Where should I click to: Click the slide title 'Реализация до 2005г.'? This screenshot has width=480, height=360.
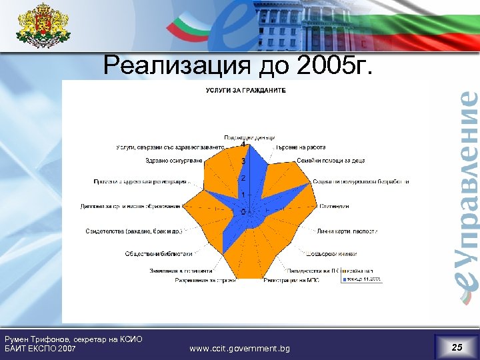[x=240, y=66]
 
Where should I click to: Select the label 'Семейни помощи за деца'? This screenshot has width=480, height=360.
[x=331, y=161]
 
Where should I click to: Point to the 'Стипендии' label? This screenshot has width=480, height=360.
[x=334, y=207]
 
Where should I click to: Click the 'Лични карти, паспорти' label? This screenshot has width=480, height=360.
[x=347, y=231]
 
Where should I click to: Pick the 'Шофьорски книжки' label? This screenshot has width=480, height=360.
[x=332, y=254]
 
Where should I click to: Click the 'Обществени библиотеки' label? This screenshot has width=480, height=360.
[x=159, y=254]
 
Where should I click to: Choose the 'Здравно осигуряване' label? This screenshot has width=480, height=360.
[x=173, y=161]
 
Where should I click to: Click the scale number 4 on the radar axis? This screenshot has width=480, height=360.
[x=243, y=145]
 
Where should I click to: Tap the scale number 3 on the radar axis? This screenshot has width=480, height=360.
[x=243, y=161]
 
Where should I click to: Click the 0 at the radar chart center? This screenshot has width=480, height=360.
[x=243, y=211]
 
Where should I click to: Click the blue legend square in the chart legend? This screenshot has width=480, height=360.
[x=345, y=280]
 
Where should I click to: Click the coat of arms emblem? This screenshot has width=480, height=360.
[x=43, y=26]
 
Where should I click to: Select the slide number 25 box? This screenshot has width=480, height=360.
[x=456, y=347]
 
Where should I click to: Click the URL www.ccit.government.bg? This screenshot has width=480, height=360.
[x=239, y=349]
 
